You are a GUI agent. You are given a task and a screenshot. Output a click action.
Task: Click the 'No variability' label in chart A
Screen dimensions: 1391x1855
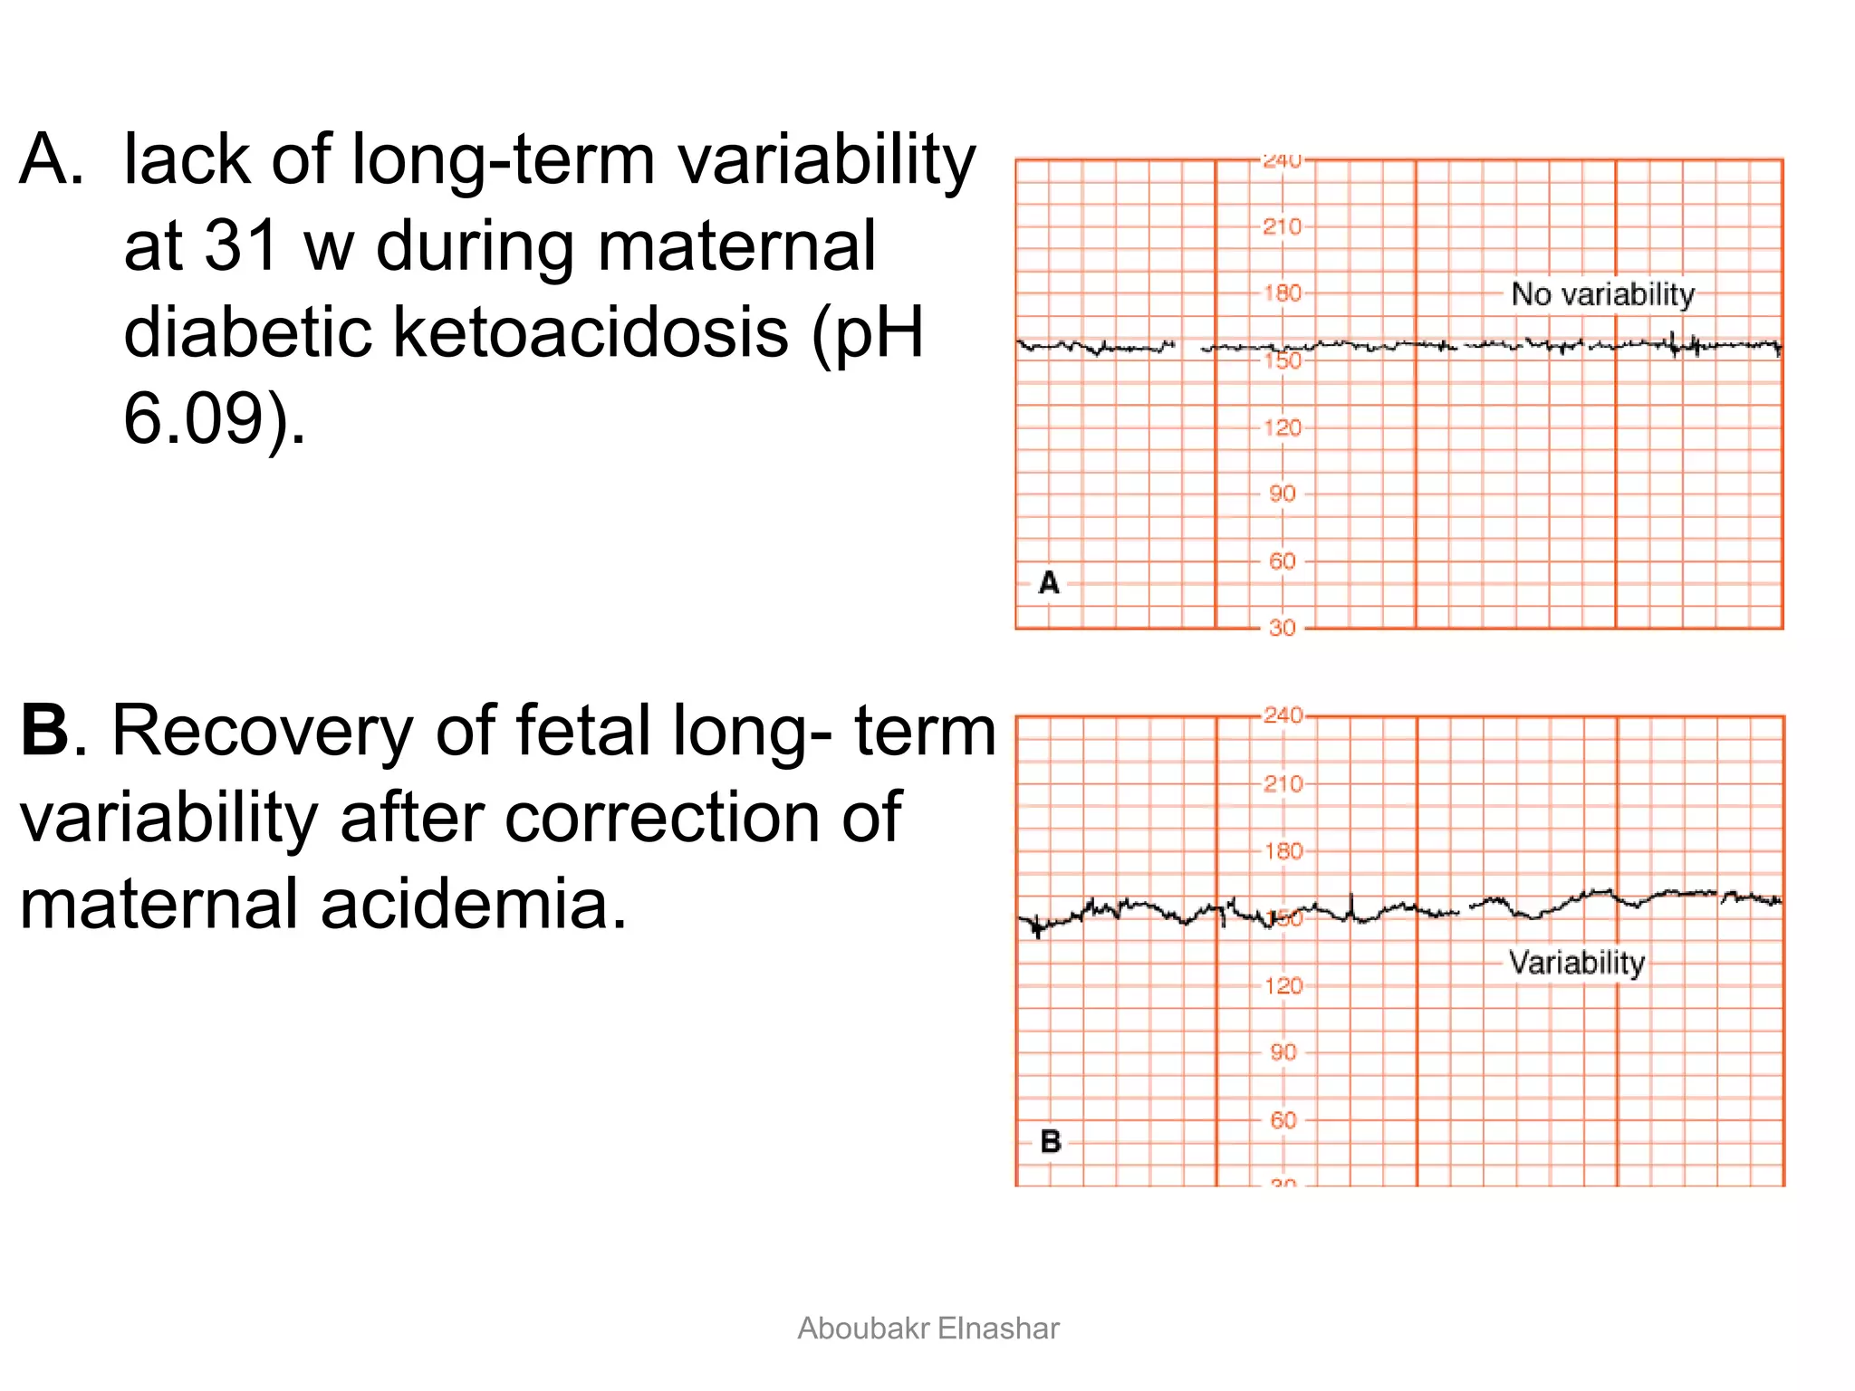pos(1602,294)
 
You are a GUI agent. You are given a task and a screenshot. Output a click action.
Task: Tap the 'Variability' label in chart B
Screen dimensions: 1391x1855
pos(1576,962)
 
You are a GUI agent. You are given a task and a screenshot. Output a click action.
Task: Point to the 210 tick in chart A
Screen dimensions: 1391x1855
pos(1282,226)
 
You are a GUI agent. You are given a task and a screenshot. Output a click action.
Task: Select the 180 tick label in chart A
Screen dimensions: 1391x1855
pos(1282,293)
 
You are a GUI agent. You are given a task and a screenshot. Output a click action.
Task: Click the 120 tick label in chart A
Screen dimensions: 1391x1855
pos(1282,427)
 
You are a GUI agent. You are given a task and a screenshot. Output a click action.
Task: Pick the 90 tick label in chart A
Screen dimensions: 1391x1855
pos(1282,494)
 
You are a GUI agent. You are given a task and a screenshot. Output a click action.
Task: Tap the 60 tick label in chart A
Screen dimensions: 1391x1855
pos(1282,561)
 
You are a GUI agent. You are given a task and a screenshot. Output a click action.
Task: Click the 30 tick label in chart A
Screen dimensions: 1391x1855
pos(1282,628)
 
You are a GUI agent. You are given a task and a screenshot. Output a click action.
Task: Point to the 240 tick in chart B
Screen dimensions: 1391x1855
pos(1283,715)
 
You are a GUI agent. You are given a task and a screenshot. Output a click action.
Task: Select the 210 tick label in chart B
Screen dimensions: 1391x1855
pos(1283,783)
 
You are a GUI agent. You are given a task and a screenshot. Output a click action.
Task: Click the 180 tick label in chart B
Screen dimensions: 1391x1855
pos(1283,851)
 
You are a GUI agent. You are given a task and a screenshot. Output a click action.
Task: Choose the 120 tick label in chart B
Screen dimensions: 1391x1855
pos(1283,985)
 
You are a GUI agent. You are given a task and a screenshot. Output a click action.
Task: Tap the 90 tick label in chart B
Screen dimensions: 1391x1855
pos(1283,1052)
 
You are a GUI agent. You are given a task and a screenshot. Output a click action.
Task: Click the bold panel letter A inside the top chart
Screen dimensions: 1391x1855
pos(1049,582)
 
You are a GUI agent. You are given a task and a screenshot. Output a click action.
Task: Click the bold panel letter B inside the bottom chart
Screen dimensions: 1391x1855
pos(1050,1141)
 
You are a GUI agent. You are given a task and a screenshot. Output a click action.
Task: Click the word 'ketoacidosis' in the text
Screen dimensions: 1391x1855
pos(590,332)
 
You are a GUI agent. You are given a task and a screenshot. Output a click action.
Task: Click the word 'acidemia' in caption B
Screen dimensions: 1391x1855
pos(473,904)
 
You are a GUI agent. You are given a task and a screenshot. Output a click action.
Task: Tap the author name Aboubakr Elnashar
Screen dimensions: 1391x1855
pos(927,1329)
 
